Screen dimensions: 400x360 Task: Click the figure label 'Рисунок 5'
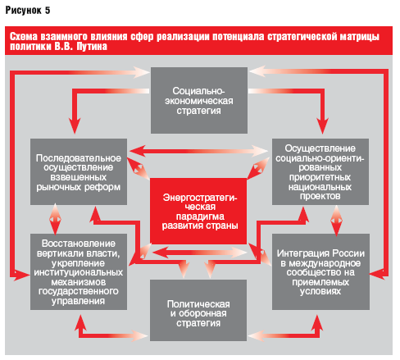[28, 11]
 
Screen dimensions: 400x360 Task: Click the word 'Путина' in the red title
[92, 47]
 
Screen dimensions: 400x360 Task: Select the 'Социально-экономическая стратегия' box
[199, 100]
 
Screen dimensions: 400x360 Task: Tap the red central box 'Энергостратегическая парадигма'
[198, 211]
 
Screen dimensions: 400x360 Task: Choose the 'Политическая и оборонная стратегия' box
[198, 310]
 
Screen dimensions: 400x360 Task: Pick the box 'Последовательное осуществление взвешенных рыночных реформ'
[79, 171]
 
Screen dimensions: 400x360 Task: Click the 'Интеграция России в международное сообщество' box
[320, 271]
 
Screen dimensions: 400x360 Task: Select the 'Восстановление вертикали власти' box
[79, 271]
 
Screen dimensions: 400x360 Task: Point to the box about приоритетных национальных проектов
[320, 171]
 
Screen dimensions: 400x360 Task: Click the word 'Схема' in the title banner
[24, 37]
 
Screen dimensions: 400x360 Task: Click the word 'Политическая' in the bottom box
[198, 304]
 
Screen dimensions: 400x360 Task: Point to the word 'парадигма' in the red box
[200, 216]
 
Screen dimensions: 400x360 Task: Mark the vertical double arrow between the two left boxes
[55, 219]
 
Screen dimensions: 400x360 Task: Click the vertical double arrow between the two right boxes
[336, 221]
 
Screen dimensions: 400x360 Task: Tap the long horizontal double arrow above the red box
[198, 151]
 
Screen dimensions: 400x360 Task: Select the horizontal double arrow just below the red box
[200, 253]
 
